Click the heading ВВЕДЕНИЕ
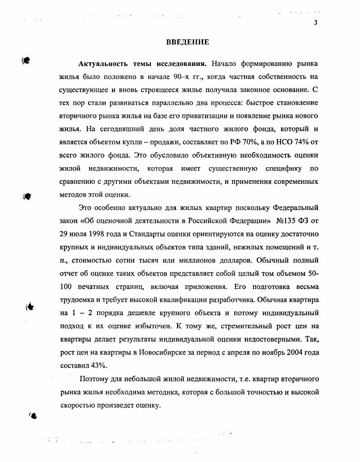[x=187, y=42]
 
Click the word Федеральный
[x=296, y=208]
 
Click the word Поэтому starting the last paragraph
[x=95, y=379]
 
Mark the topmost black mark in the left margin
[x=27, y=61]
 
